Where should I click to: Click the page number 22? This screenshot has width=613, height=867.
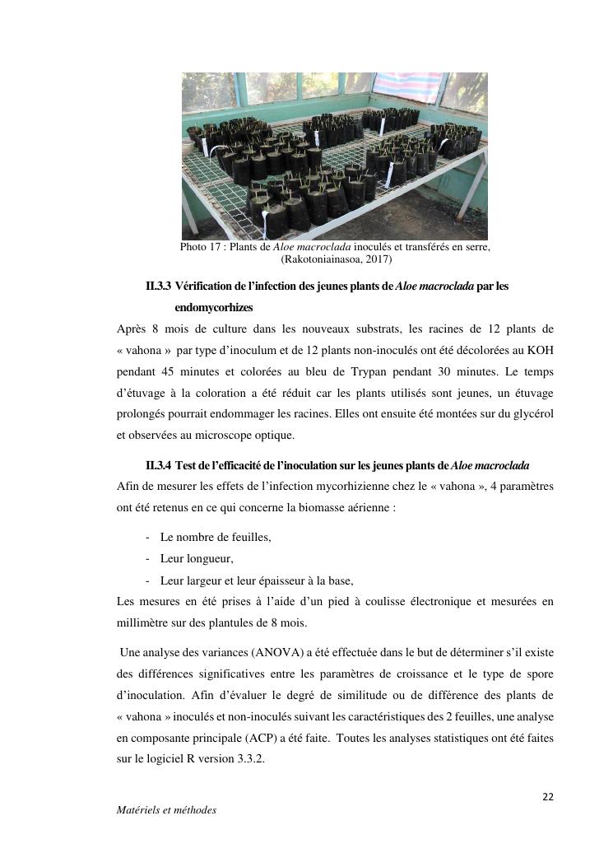tap(548, 797)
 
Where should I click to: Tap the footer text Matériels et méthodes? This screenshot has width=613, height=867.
tap(167, 810)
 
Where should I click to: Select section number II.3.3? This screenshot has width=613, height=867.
tap(158, 287)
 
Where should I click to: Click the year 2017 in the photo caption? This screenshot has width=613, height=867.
tap(378, 259)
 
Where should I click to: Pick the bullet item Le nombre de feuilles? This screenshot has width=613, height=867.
tap(216, 537)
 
